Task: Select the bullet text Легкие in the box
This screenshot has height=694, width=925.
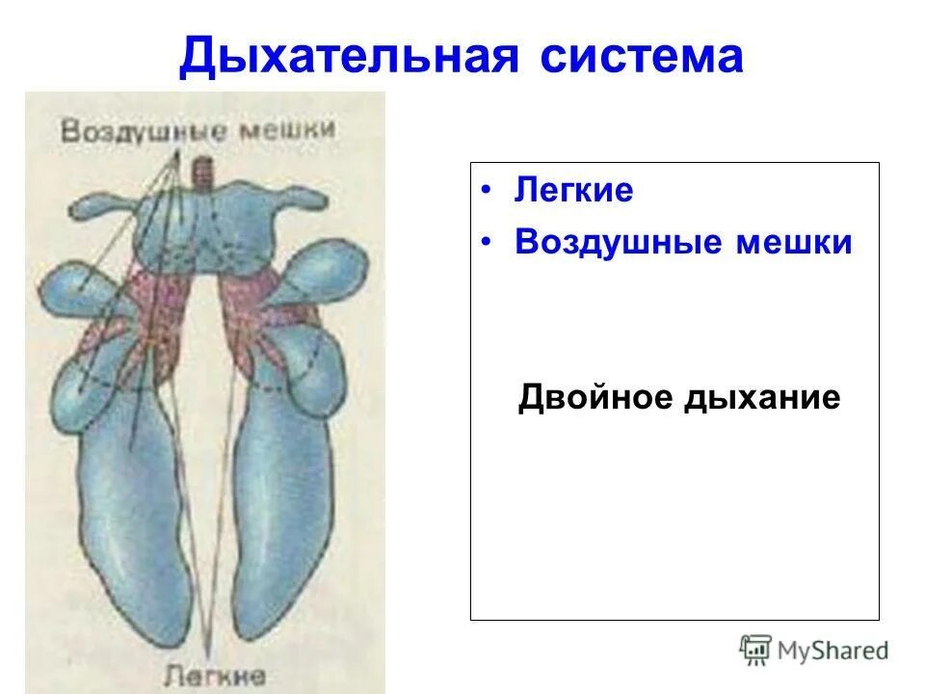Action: [x=573, y=191]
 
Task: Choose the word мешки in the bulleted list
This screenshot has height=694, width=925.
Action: [x=794, y=242]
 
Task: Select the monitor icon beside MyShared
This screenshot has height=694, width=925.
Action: [x=755, y=651]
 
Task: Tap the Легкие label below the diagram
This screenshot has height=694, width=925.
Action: [x=215, y=672]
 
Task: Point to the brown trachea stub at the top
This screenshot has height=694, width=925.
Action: [x=204, y=174]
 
